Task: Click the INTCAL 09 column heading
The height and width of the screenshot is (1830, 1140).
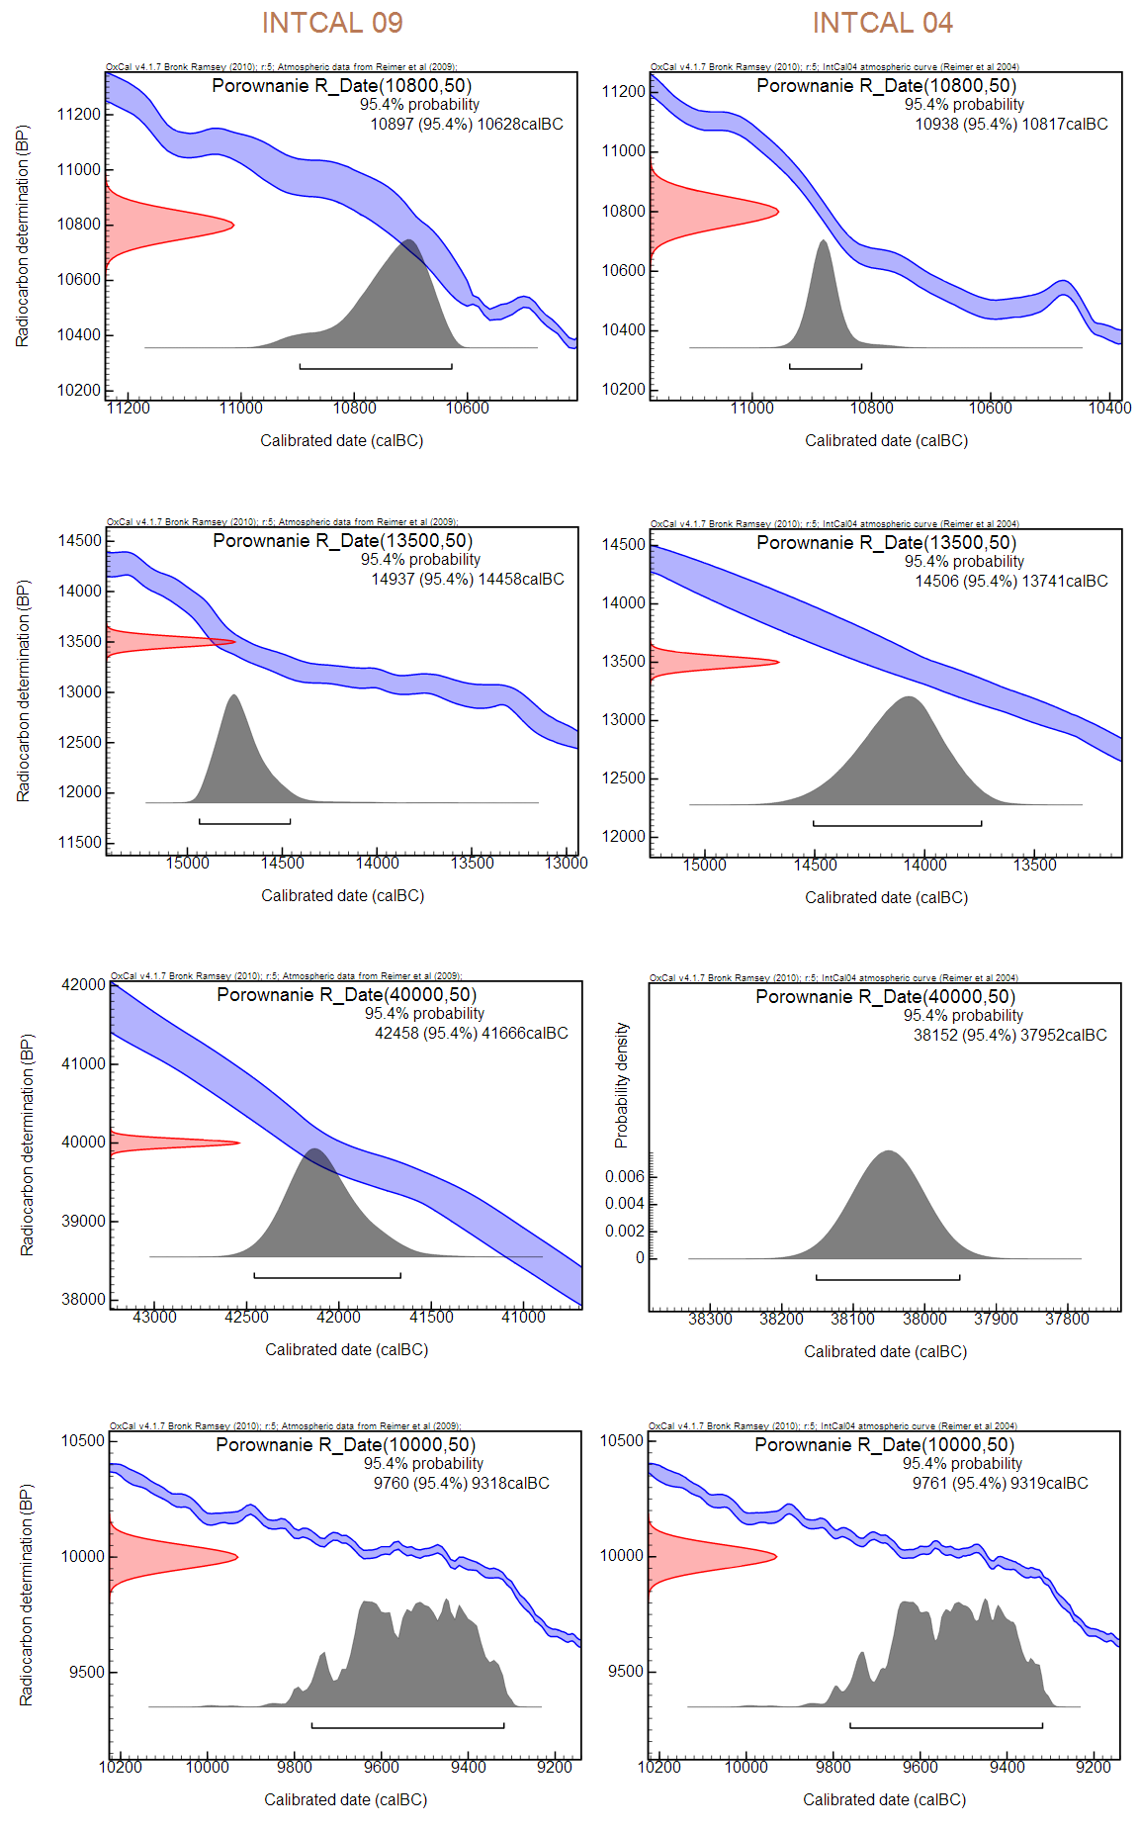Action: (332, 23)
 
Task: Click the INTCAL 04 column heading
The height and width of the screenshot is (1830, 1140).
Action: (882, 23)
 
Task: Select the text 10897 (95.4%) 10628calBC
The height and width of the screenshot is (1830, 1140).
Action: (467, 125)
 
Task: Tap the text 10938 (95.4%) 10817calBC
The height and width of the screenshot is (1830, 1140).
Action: (1011, 125)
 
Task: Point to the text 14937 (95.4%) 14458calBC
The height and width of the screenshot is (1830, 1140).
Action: (468, 580)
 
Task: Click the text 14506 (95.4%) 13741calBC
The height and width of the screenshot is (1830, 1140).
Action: (1011, 582)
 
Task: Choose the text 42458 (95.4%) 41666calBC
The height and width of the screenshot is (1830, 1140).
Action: (472, 1034)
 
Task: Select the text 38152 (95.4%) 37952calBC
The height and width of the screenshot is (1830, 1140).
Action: (1010, 1036)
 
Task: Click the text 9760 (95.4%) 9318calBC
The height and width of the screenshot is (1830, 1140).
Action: (461, 1484)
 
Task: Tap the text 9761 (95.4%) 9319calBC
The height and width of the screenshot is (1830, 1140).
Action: (1000, 1484)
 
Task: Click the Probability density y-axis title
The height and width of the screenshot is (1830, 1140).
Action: (621, 1085)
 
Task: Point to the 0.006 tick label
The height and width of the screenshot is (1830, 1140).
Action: (624, 1177)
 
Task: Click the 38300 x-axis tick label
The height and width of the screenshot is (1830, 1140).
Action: (710, 1320)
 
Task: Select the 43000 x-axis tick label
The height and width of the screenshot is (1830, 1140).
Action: (154, 1318)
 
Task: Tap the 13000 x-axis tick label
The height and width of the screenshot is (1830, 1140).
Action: (566, 864)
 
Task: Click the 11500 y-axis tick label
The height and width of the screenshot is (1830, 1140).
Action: (80, 843)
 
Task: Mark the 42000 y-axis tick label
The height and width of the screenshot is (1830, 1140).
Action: (83, 985)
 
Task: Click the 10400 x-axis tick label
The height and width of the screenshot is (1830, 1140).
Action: (1109, 409)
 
